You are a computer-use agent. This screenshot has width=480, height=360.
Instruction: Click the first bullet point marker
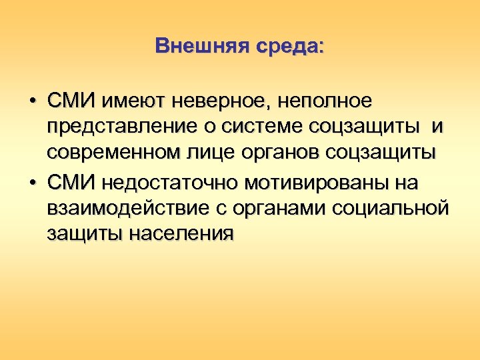(32, 101)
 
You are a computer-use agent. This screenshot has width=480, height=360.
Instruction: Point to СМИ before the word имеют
(72, 101)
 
